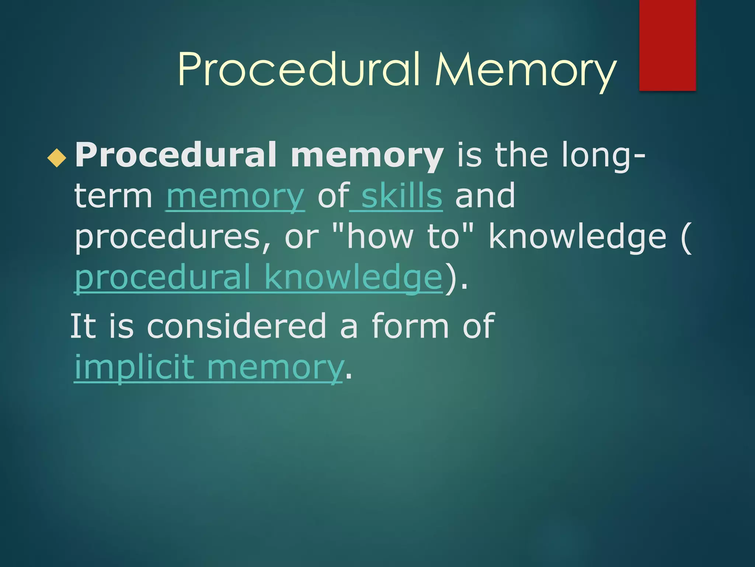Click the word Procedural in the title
pyautogui.click(x=299, y=70)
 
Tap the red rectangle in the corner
pyautogui.click(x=667, y=45)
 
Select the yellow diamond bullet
pyautogui.click(x=57, y=158)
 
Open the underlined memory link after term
pyautogui.click(x=235, y=197)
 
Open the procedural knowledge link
pyautogui.click(x=258, y=278)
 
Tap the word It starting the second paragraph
pyautogui.click(x=83, y=326)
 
